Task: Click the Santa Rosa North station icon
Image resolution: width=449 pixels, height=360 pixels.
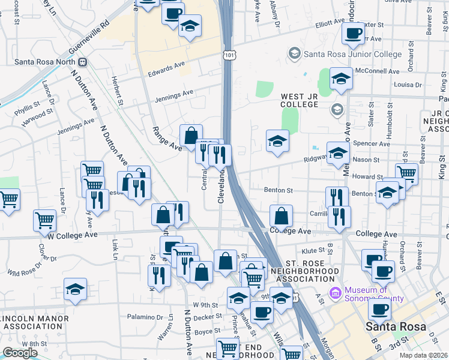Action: click(x=82, y=62)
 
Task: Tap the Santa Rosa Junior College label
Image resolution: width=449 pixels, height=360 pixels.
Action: click(x=352, y=55)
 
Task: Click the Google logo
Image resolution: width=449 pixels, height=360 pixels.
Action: click(x=20, y=353)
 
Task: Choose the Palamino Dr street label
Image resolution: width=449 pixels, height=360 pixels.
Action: click(x=145, y=316)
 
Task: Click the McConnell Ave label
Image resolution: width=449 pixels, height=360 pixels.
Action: click(x=376, y=71)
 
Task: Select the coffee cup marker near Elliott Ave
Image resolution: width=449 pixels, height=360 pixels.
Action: click(x=353, y=32)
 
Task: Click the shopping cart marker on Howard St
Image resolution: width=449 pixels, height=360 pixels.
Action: click(x=407, y=173)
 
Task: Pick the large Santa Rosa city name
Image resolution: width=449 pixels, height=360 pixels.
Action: click(x=396, y=327)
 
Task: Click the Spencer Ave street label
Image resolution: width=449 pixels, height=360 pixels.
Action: click(x=372, y=144)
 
